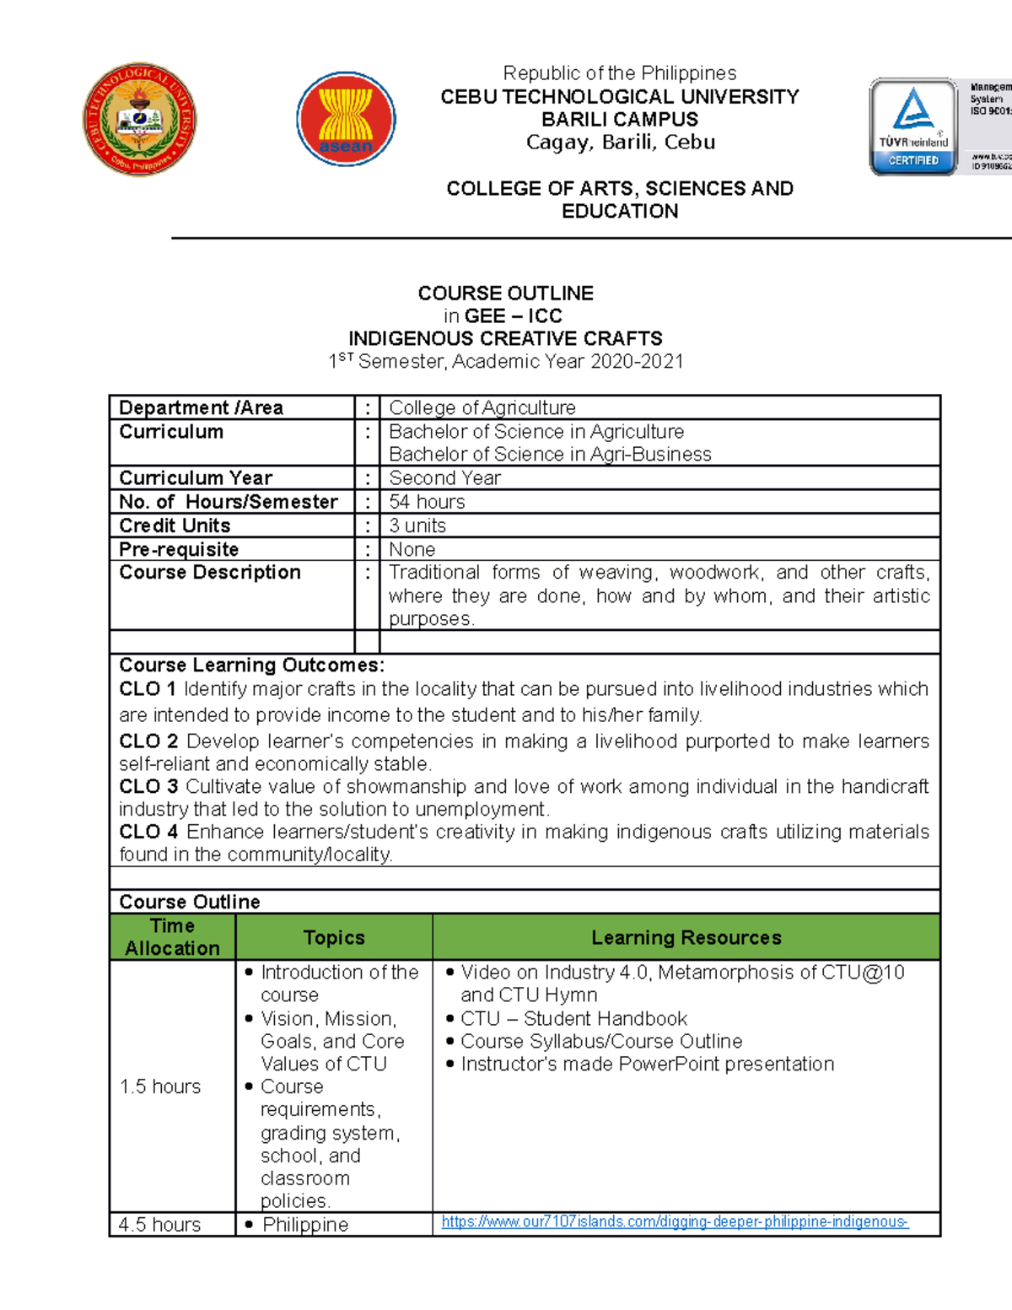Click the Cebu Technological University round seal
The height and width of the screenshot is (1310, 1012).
pyautogui.click(x=140, y=119)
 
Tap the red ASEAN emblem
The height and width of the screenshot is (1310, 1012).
pyautogui.click(x=346, y=119)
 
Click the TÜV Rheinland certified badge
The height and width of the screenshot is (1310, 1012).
pyautogui.click(x=913, y=127)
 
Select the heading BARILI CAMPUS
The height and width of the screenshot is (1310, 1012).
pyautogui.click(x=620, y=119)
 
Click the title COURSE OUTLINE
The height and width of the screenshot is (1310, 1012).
pyautogui.click(x=505, y=293)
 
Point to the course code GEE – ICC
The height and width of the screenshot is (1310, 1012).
pyautogui.click(x=513, y=315)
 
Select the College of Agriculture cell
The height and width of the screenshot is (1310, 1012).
pyautogui.click(x=482, y=407)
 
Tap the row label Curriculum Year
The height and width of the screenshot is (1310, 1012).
pyautogui.click(x=196, y=477)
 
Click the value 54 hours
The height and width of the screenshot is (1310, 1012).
pyautogui.click(x=427, y=502)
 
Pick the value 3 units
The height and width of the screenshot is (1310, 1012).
pyautogui.click(x=417, y=526)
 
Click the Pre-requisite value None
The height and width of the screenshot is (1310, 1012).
pyautogui.click(x=412, y=549)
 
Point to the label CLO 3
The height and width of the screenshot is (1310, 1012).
pyautogui.click(x=148, y=786)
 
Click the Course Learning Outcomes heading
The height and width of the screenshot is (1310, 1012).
pyautogui.click(x=251, y=665)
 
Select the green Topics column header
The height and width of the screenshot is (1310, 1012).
pyautogui.click(x=334, y=937)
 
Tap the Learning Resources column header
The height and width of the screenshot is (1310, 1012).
pyautogui.click(x=686, y=937)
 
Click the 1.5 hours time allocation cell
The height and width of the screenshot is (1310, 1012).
pyautogui.click(x=160, y=1086)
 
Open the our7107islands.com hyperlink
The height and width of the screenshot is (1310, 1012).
pyautogui.click(x=675, y=1221)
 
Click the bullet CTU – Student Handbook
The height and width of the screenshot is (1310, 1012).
pyautogui.click(x=573, y=1018)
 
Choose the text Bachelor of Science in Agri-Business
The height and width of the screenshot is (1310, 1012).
pyautogui.click(x=550, y=455)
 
